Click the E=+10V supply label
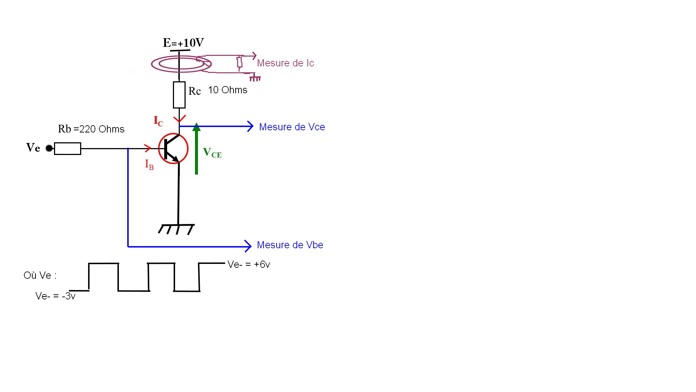tap(183, 43)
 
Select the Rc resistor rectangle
tap(179, 95)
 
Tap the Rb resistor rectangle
tap(67, 148)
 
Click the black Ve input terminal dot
tap(49, 148)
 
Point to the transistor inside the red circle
tap(173, 148)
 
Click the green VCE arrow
tap(196, 149)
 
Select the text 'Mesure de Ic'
tap(285, 63)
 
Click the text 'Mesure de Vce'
tap(292, 127)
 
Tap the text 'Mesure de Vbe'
tap(290, 245)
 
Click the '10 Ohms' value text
tap(228, 90)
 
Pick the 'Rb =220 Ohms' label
tap(91, 129)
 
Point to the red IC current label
tap(158, 121)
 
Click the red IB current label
tap(149, 164)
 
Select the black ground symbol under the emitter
tap(177, 229)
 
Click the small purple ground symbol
tap(255, 78)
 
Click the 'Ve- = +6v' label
tap(249, 265)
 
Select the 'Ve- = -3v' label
tap(55, 296)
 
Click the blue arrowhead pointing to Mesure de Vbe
tap(248, 246)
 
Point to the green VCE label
tap(212, 153)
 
